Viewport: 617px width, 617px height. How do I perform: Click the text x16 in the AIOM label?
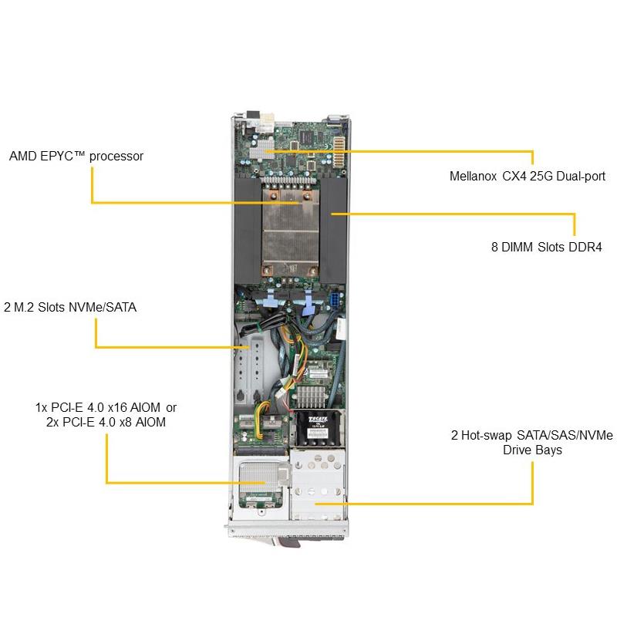(x=116, y=407)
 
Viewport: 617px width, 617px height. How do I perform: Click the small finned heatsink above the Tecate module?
(x=314, y=395)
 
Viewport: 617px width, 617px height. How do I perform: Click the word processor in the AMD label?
(x=116, y=156)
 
